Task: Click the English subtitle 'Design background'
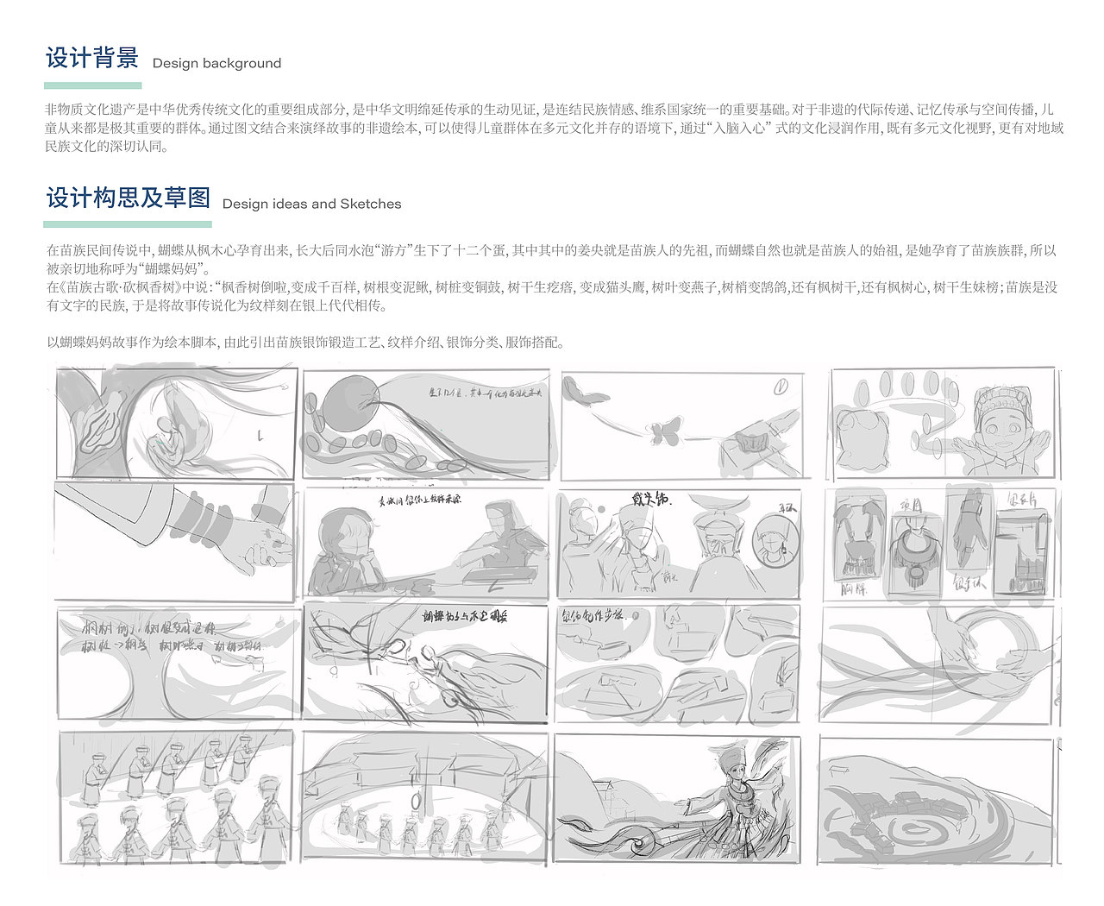tap(216, 63)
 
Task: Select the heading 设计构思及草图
tap(129, 198)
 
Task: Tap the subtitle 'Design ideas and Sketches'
tap(311, 204)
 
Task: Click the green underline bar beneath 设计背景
tap(92, 85)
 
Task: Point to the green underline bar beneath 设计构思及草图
tap(129, 224)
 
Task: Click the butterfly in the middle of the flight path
tap(664, 431)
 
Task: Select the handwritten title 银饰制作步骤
tap(601, 619)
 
